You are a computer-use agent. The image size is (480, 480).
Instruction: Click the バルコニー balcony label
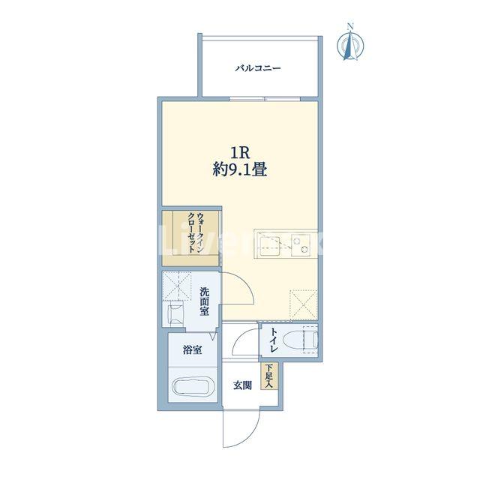pyautogui.click(x=257, y=68)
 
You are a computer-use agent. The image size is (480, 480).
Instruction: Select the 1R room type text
pyautogui.click(x=240, y=153)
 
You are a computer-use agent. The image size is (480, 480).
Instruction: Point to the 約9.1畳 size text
pyautogui.click(x=240, y=169)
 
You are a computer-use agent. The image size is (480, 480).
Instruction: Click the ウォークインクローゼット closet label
pyautogui.click(x=196, y=232)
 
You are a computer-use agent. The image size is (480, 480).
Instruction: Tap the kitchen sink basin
pyautogui.click(x=269, y=244)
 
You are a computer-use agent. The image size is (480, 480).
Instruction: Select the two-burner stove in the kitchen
pyautogui.click(x=300, y=244)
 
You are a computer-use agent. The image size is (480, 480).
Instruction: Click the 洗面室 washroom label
pyautogui.click(x=204, y=301)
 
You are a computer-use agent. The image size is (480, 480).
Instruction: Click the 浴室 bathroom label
pyautogui.click(x=192, y=350)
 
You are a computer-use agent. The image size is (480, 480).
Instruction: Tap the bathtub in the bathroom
pyautogui.click(x=193, y=387)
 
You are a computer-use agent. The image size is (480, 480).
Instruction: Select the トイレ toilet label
pyautogui.click(x=274, y=340)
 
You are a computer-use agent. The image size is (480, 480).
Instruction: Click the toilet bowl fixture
pyautogui.click(x=301, y=340)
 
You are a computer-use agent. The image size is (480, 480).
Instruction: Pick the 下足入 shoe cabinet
pyautogui.click(x=269, y=376)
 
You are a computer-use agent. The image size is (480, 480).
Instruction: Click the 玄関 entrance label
pyautogui.click(x=242, y=385)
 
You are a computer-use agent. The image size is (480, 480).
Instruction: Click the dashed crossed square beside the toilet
pyautogui.click(x=303, y=304)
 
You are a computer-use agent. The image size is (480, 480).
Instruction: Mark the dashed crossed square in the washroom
pyautogui.click(x=176, y=286)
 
